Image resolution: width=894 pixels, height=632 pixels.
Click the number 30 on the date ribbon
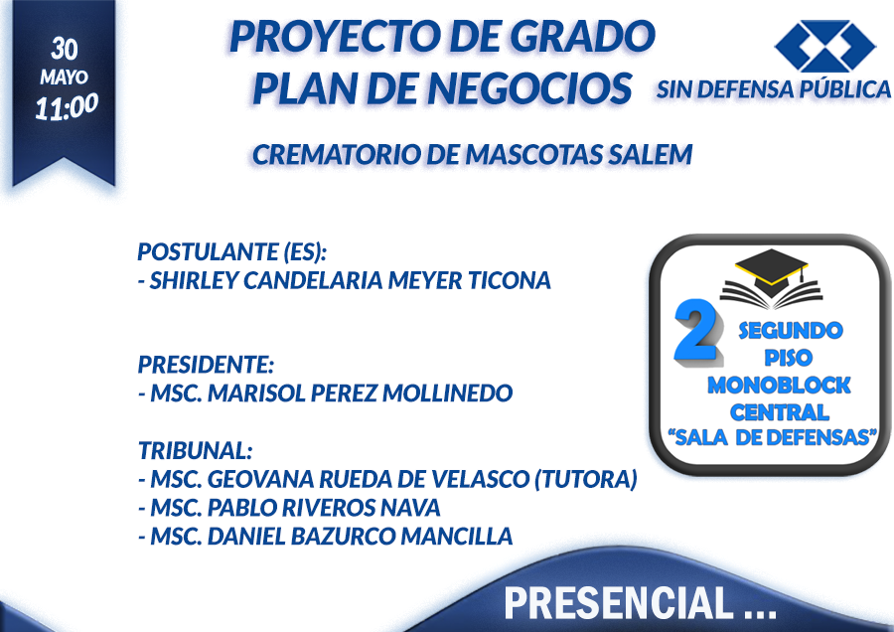(x=64, y=49)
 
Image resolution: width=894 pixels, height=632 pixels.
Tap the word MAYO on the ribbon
(x=64, y=77)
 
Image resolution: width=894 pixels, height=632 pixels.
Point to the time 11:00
(x=67, y=106)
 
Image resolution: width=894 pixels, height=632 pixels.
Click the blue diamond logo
(x=824, y=46)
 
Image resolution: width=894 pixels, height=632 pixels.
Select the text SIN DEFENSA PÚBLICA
(x=773, y=89)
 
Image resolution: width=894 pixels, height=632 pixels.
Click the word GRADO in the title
(x=582, y=36)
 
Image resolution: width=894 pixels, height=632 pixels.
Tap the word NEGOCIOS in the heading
(x=529, y=88)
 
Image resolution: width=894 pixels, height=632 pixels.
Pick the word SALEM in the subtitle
(x=650, y=155)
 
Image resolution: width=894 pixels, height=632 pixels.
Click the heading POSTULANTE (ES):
(x=232, y=251)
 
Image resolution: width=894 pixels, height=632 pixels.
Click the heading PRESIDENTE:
(x=206, y=365)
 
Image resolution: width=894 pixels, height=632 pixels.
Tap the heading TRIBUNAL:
(x=195, y=450)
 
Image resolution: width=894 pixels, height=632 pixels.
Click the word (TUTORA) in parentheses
(x=585, y=479)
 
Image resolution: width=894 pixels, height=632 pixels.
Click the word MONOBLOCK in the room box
(x=779, y=386)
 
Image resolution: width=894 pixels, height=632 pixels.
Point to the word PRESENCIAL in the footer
(x=619, y=602)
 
